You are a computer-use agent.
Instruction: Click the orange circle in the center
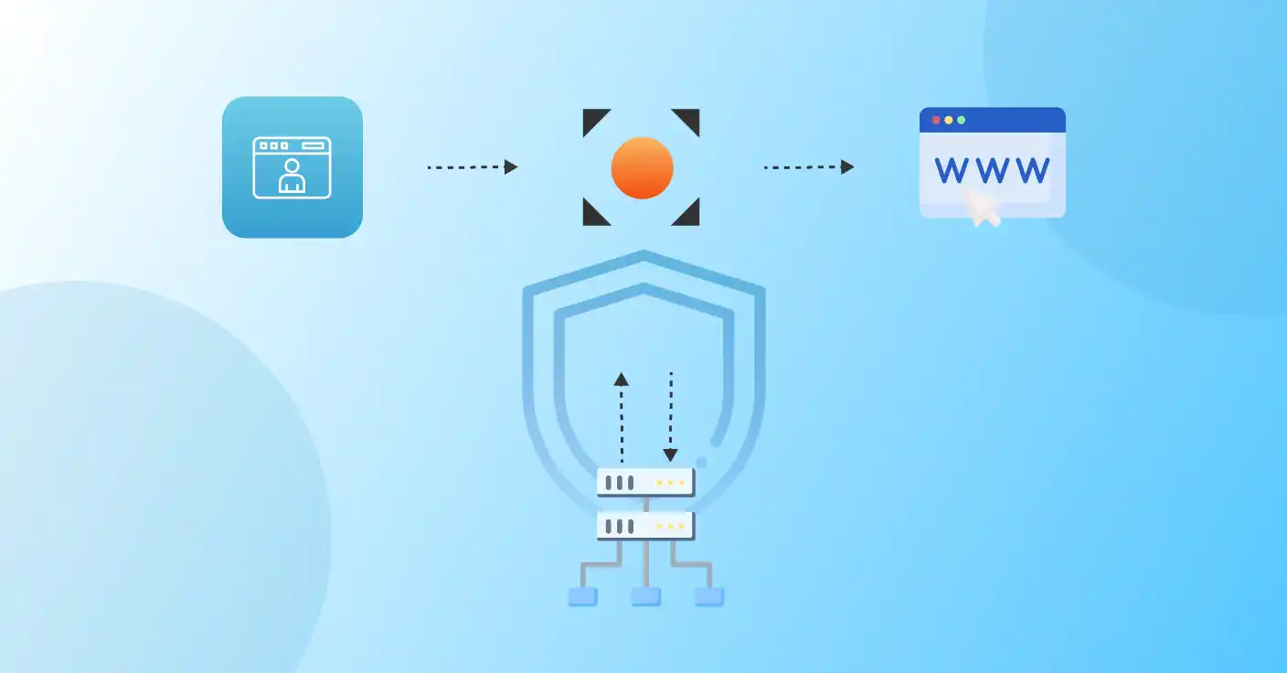pyautogui.click(x=642, y=167)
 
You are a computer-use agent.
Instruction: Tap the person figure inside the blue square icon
pyautogui.click(x=292, y=176)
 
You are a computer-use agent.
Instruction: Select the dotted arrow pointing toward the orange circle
pyautogui.click(x=472, y=167)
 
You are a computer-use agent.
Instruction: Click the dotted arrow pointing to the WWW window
pyautogui.click(x=808, y=167)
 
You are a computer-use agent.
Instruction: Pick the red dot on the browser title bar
pyautogui.click(x=936, y=120)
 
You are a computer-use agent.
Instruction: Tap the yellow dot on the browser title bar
pyautogui.click(x=949, y=120)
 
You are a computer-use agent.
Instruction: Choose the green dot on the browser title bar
pyautogui.click(x=961, y=120)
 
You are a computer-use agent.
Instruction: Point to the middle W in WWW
pyautogui.click(x=993, y=169)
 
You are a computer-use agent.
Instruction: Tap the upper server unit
pyautogui.click(x=645, y=482)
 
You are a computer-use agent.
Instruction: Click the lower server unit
pyautogui.click(x=645, y=526)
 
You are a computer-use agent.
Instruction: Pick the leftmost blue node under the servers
pyautogui.click(x=582, y=597)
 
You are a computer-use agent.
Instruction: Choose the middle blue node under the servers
pyautogui.click(x=645, y=597)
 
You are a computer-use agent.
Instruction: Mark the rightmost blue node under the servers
pyautogui.click(x=709, y=597)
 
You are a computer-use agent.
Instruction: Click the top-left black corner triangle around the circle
pyautogui.click(x=592, y=118)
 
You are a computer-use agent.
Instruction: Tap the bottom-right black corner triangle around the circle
pyautogui.click(x=690, y=216)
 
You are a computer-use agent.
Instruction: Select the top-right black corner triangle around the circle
pyautogui.click(x=690, y=118)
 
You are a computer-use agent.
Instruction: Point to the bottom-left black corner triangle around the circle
pyautogui.click(x=592, y=216)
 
